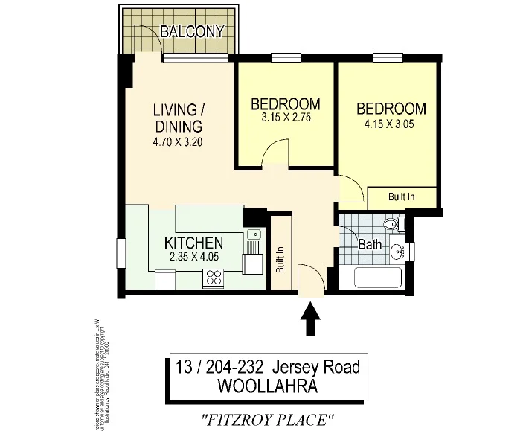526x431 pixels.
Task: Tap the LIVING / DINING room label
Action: click(x=178, y=118)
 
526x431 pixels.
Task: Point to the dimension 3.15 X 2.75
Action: click(x=285, y=117)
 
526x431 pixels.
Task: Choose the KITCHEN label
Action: click(x=193, y=243)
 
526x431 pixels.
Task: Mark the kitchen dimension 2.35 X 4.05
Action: click(x=193, y=258)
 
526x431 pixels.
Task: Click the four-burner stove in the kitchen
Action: click(x=214, y=278)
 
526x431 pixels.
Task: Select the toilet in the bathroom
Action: click(x=391, y=224)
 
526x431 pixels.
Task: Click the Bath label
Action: click(x=370, y=244)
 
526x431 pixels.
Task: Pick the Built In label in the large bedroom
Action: click(x=402, y=197)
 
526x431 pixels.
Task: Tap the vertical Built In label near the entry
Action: click(x=280, y=259)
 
